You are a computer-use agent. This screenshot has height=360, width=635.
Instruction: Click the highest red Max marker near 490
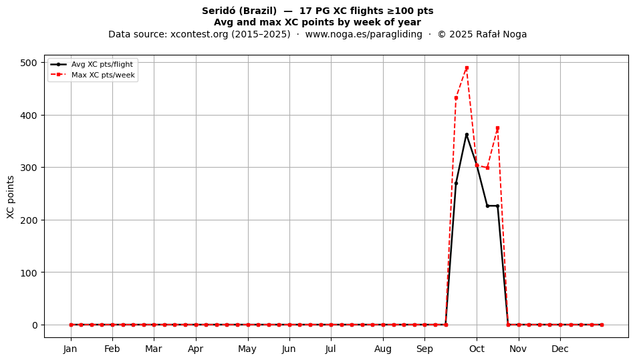[467, 68]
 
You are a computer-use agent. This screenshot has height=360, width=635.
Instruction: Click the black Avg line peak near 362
[467, 135]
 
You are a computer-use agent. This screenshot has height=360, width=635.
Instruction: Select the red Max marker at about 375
[498, 128]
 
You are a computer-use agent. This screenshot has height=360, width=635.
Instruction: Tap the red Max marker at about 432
[456, 98]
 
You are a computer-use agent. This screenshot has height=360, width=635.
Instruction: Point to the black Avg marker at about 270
[456, 183]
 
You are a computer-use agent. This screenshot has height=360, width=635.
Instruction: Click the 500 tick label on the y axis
[28, 63]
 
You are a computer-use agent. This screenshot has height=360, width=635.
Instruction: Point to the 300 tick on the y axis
[28, 168]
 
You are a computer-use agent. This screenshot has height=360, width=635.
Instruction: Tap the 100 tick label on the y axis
[28, 273]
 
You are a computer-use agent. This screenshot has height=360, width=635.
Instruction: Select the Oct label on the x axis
[477, 349]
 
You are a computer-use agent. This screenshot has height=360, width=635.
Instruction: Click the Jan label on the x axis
[70, 349]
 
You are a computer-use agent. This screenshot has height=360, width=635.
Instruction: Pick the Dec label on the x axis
[560, 349]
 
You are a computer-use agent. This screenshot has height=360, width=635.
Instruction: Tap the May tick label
[247, 349]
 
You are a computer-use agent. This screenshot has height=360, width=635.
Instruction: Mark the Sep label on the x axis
[424, 349]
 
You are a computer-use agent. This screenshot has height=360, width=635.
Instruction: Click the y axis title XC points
[11, 197]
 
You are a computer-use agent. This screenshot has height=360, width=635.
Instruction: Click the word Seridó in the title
[219, 11]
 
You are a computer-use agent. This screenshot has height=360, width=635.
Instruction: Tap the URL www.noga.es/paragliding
[364, 34]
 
